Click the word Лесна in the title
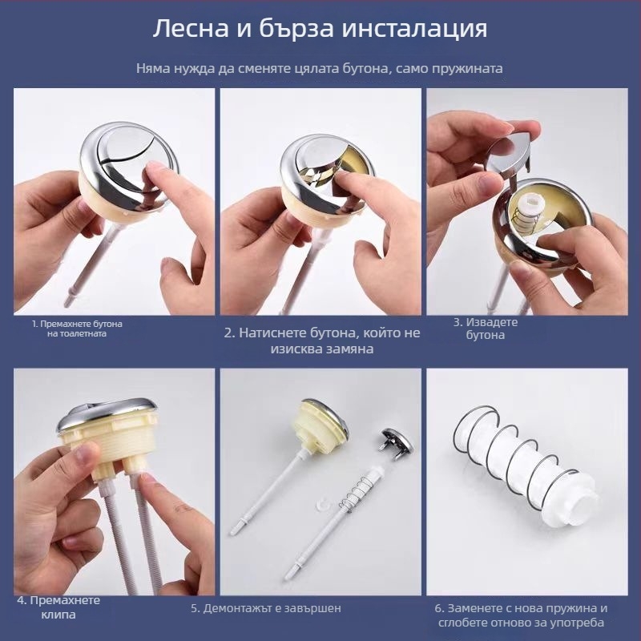tap(191, 29)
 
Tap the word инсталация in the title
tap(414, 30)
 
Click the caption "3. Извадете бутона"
tap(486, 329)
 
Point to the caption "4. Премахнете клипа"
tap(58, 607)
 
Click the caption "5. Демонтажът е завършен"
tap(266, 608)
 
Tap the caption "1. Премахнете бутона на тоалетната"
tap(77, 329)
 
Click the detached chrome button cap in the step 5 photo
tap(395, 445)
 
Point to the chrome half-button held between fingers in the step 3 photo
tap(508, 158)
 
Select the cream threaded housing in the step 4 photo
tap(108, 441)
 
